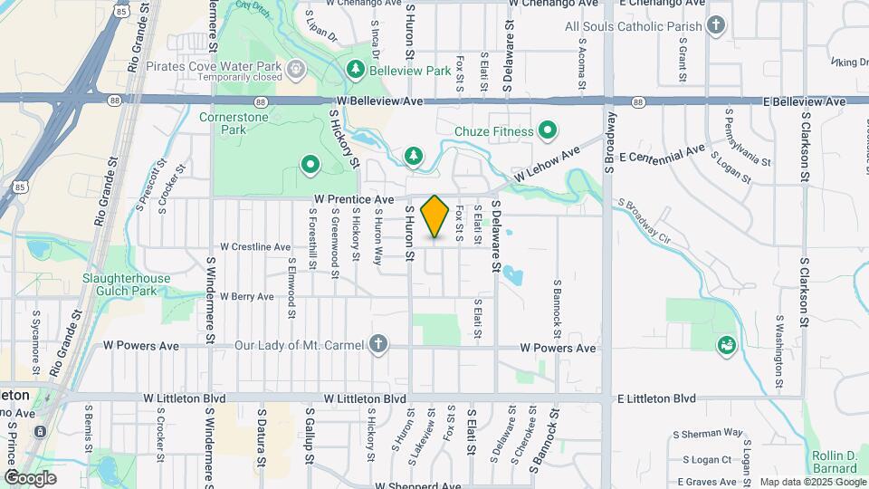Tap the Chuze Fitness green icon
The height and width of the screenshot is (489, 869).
click(547, 132)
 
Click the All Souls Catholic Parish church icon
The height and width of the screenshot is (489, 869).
click(716, 25)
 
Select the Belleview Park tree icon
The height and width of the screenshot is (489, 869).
click(356, 70)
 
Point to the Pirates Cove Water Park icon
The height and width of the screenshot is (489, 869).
click(296, 69)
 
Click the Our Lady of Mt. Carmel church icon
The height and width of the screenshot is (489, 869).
click(377, 345)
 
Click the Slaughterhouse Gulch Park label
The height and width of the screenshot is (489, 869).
click(119, 284)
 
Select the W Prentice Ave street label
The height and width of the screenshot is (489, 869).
click(355, 199)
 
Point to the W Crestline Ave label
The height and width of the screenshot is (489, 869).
click(255, 246)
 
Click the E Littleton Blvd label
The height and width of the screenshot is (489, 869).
click(656, 398)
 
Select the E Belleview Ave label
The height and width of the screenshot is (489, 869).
click(805, 102)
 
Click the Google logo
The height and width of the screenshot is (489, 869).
click(30, 478)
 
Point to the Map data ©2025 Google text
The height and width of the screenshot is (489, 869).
click(811, 482)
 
